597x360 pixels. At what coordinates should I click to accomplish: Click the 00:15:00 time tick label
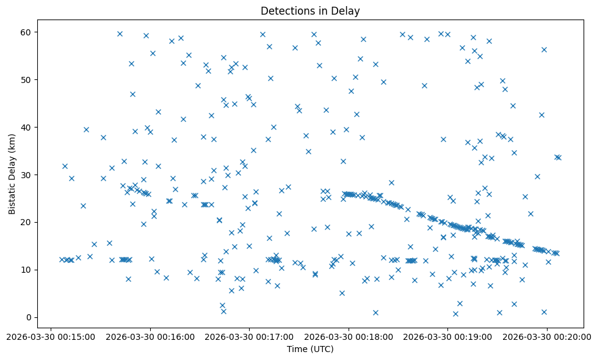(51, 336)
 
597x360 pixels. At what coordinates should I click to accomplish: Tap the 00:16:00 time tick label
(150, 336)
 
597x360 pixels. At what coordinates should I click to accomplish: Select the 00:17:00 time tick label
(250, 336)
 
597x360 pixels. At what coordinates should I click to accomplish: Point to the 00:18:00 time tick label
(349, 336)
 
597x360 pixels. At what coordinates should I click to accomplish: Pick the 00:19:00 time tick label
(448, 336)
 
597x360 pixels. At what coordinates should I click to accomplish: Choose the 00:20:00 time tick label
(547, 336)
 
